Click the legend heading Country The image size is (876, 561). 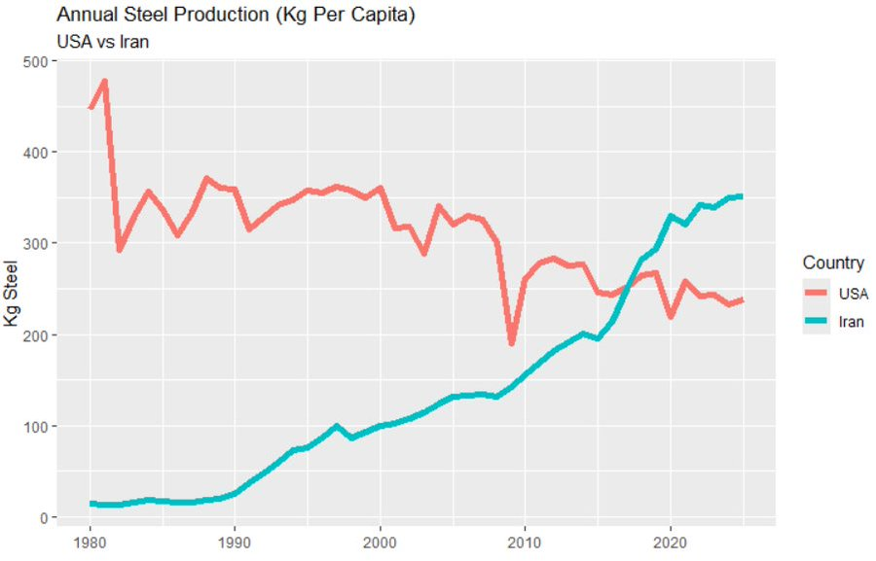click(833, 263)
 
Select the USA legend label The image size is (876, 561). click(853, 295)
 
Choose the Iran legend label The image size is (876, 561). click(851, 322)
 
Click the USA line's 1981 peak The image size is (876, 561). click(105, 82)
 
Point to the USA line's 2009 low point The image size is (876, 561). click(511, 342)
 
